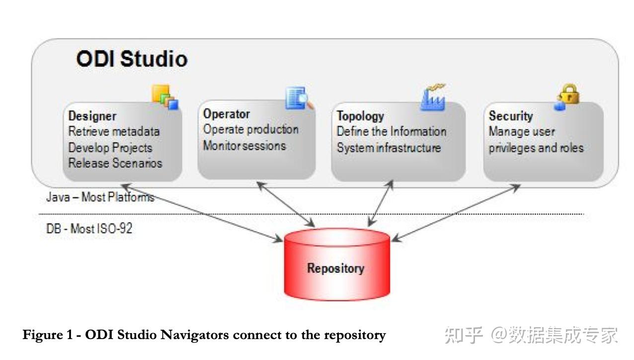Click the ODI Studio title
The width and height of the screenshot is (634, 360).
(x=132, y=59)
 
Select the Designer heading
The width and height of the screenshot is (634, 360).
(x=92, y=116)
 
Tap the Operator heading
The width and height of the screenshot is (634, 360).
(x=226, y=113)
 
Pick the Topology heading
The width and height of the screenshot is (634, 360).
(x=360, y=116)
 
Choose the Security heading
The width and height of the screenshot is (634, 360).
(x=510, y=116)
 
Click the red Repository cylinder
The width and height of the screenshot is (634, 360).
(x=336, y=266)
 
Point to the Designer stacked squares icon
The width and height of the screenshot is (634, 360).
(x=165, y=96)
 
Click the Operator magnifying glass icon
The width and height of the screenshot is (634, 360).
(x=299, y=98)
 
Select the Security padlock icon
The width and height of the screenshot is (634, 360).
(x=567, y=96)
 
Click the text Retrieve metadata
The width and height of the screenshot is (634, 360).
(x=114, y=132)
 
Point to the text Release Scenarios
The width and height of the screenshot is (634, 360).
(x=115, y=163)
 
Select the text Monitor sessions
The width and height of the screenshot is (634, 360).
(x=244, y=146)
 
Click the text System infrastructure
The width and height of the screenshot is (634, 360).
(x=389, y=148)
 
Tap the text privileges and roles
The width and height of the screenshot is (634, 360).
(x=536, y=148)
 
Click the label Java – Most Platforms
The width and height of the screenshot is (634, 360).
(x=100, y=197)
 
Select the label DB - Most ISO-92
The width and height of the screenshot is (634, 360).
(x=89, y=229)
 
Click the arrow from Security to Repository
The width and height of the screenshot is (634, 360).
(x=455, y=213)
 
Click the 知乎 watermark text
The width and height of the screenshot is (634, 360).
(x=464, y=335)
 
